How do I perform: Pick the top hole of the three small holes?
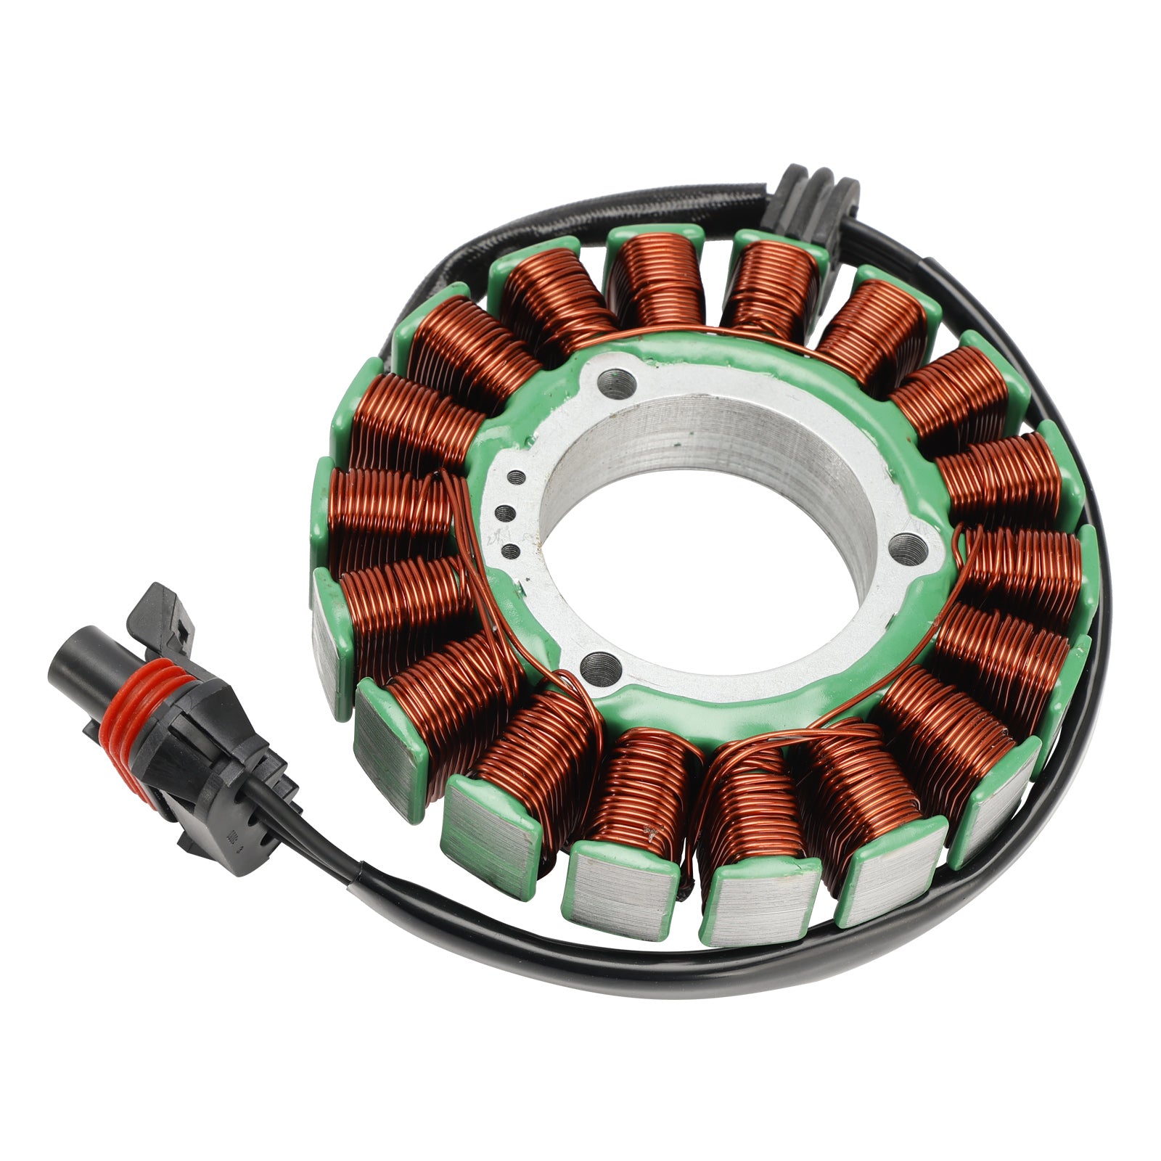(517, 477)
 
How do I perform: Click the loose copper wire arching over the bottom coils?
(798, 733)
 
